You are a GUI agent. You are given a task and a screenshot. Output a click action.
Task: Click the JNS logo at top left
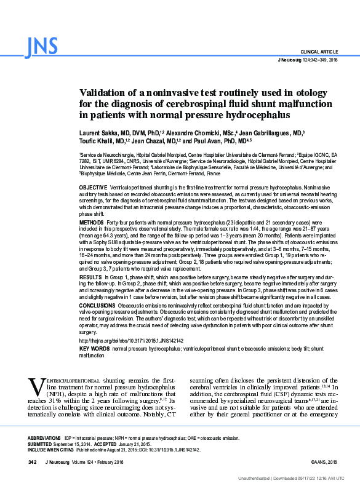(x=42, y=46)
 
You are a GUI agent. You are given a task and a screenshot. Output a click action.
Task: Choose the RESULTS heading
(x=91, y=278)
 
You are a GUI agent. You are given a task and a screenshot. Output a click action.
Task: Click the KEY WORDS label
(x=94, y=349)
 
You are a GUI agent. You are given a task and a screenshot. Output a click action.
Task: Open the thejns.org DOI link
(x=132, y=341)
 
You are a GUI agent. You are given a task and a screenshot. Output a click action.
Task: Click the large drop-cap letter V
(x=36, y=386)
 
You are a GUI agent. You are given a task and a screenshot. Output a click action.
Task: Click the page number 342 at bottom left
(x=33, y=461)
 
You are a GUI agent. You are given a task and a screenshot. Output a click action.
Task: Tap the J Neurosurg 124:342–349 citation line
(x=308, y=60)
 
